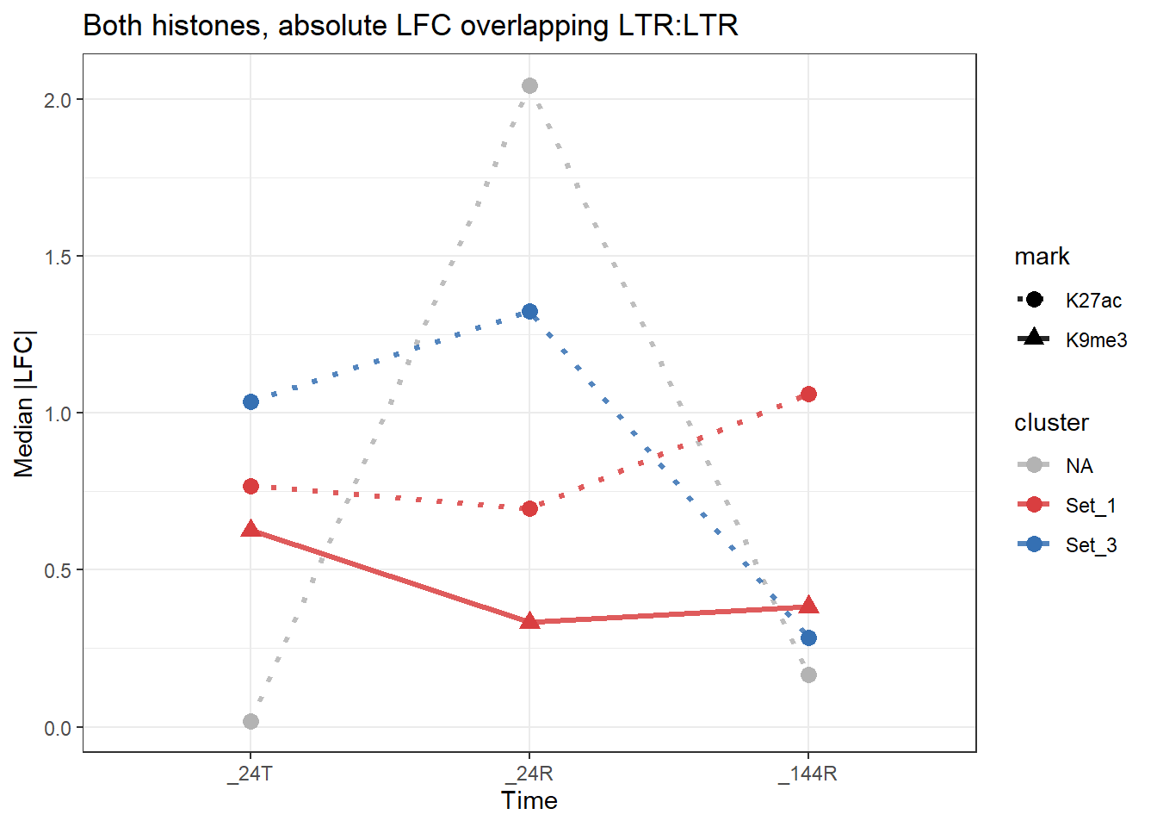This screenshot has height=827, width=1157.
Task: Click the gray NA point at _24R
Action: click(x=529, y=85)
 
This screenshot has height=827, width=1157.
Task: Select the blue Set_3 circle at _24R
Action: click(x=529, y=311)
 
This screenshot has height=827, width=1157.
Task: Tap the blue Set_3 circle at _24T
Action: click(x=251, y=401)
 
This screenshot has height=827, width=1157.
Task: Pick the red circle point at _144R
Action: click(x=808, y=394)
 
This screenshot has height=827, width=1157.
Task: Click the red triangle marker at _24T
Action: click(x=251, y=529)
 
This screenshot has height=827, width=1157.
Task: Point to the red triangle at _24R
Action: click(x=529, y=621)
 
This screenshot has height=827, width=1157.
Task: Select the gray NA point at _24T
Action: click(x=251, y=721)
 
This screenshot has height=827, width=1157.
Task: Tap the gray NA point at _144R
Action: click(x=808, y=675)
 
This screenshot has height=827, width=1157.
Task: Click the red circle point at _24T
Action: click(x=251, y=486)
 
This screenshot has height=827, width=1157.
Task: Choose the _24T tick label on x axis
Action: click(x=251, y=774)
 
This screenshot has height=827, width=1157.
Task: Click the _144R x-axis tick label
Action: click(x=807, y=774)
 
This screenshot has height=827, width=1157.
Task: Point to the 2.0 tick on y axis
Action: click(x=59, y=100)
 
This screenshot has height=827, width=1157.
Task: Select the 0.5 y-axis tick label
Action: click(x=59, y=570)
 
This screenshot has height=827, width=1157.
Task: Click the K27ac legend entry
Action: click(x=1093, y=301)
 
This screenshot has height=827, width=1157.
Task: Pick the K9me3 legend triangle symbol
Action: click(x=1033, y=339)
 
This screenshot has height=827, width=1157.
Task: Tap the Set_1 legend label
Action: click(x=1091, y=506)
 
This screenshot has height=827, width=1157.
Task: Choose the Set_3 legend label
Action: click(x=1091, y=545)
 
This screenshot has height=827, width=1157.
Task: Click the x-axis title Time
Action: click(x=529, y=800)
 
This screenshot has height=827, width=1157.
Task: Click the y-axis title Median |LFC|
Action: click(x=24, y=403)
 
